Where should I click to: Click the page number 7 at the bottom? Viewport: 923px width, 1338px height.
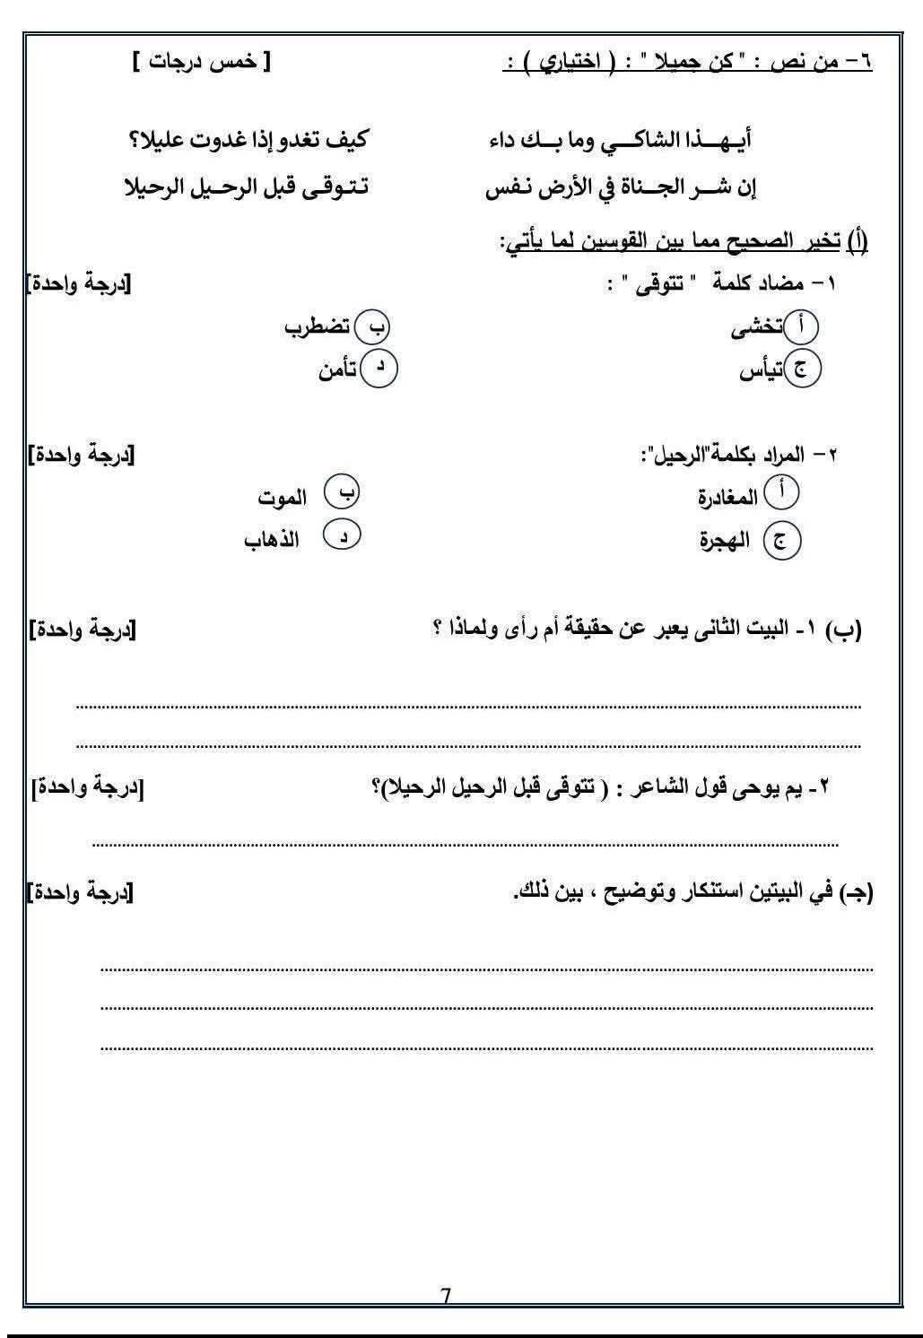447,1296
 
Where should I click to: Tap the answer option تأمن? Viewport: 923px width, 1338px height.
338,369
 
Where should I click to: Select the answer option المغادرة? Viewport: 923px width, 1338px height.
728,496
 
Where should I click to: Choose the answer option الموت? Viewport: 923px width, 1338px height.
282,497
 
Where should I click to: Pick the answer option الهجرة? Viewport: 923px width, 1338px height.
725,542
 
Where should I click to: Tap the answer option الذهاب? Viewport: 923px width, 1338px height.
272,540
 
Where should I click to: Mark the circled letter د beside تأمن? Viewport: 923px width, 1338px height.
379,368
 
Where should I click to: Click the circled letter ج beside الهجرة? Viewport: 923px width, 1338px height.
781,542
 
